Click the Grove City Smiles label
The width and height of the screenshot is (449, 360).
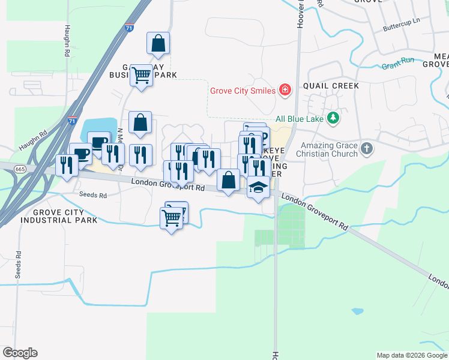(x=242, y=91)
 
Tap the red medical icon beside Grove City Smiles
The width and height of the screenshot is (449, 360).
(x=285, y=91)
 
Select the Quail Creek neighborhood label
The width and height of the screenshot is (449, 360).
(x=331, y=86)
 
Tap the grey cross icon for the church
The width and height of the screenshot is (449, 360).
(x=367, y=148)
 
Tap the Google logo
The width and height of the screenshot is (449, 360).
(x=20, y=353)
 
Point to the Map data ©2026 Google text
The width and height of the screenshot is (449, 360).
(x=412, y=355)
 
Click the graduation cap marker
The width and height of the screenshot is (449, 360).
(x=258, y=187)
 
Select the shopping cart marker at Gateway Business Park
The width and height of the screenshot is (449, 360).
(x=141, y=76)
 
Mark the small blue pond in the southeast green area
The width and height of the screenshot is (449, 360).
(x=357, y=311)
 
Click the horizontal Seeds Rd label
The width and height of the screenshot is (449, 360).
(x=93, y=195)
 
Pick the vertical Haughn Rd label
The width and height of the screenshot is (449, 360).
(x=65, y=41)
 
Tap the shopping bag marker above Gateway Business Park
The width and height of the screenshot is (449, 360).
(x=158, y=43)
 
